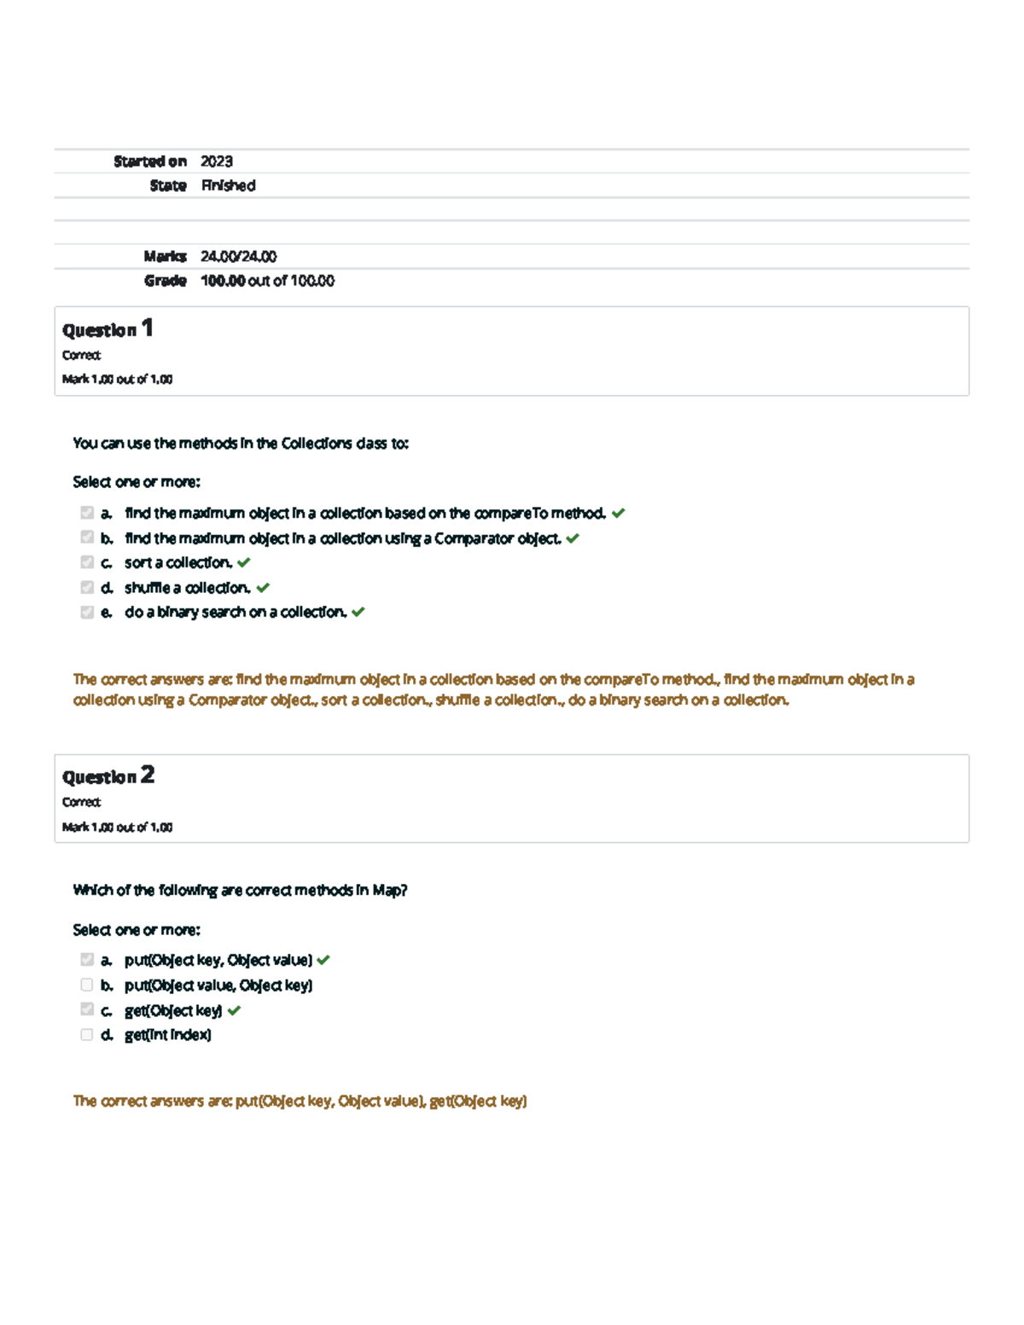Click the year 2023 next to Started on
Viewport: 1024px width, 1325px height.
[x=217, y=161]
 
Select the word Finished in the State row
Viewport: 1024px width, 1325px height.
[x=229, y=185]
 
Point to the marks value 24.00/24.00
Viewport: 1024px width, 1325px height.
[x=238, y=256]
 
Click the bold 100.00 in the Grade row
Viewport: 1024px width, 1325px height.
[x=223, y=281]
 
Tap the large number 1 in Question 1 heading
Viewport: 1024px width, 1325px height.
[x=148, y=328]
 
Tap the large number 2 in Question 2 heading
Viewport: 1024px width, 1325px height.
[x=148, y=775]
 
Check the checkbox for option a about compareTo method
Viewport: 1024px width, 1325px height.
[x=87, y=513]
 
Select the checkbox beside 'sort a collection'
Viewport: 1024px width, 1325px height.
[x=87, y=562]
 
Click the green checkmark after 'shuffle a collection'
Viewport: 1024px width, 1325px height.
[x=263, y=588]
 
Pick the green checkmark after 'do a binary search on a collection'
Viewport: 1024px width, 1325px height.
[x=358, y=612]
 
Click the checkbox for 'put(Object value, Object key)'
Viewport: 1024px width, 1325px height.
[x=87, y=985]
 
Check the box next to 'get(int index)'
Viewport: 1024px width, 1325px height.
[x=87, y=1035]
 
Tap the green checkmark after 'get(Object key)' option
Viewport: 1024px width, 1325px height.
[x=235, y=1010]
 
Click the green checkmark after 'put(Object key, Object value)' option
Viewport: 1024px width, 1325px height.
[x=323, y=960]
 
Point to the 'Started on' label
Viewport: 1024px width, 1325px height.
[x=150, y=161]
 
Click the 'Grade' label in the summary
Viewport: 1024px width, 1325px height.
[x=165, y=281]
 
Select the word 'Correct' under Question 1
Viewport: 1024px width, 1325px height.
[x=81, y=355]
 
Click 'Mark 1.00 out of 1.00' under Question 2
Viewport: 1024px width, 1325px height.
[x=117, y=827]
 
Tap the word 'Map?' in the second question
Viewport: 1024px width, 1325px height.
[x=390, y=890]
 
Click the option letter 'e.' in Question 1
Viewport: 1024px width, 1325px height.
[x=107, y=612]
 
